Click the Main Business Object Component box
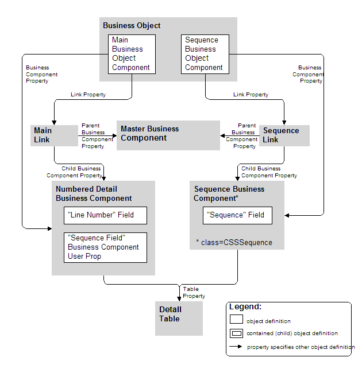coord(132,54)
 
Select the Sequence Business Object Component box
coord(205,54)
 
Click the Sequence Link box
coord(284,135)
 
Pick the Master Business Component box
coord(168,135)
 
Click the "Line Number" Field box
coord(105,215)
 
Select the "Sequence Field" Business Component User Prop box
coord(105,247)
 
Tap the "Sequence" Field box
coord(237,215)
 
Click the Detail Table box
coord(179,318)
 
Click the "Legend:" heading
coord(245,307)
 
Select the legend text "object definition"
coord(268,321)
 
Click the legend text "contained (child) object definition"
coord(292,333)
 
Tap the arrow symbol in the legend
coord(236,347)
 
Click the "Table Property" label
coord(194,293)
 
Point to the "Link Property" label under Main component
coord(88,95)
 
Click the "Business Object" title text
coord(132,26)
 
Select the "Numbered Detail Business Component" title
coord(94,194)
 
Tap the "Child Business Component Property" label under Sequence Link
coord(269,172)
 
